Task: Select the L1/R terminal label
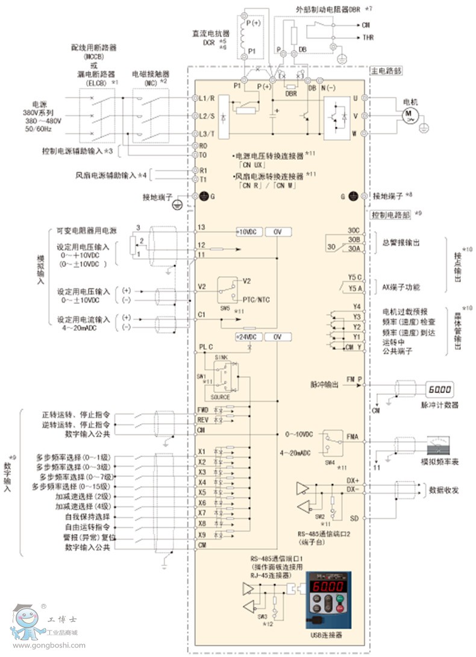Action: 207,98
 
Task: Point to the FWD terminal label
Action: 202,410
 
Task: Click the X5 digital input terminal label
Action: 202,492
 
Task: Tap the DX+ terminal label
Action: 354,480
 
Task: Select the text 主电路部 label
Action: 386,71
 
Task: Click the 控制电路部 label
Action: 387,214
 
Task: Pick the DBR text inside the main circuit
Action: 291,95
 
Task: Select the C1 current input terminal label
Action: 202,315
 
